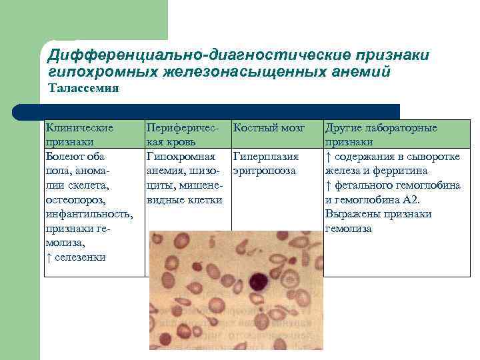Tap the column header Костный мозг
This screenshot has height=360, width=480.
click(269, 127)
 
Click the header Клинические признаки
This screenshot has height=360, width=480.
click(78, 134)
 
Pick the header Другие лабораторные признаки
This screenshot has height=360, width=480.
click(381, 134)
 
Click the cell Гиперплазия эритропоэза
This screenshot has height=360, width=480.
click(265, 163)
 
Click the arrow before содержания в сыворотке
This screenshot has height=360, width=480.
click(328, 157)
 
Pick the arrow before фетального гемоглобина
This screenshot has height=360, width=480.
click(328, 185)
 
